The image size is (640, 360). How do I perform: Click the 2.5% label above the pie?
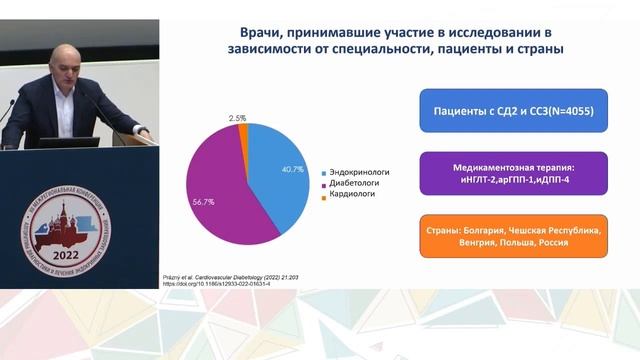[238, 118]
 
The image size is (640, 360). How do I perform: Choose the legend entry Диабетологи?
[351, 184]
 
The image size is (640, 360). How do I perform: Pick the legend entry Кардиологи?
[349, 196]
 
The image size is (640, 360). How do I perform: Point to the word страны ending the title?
[535, 48]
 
